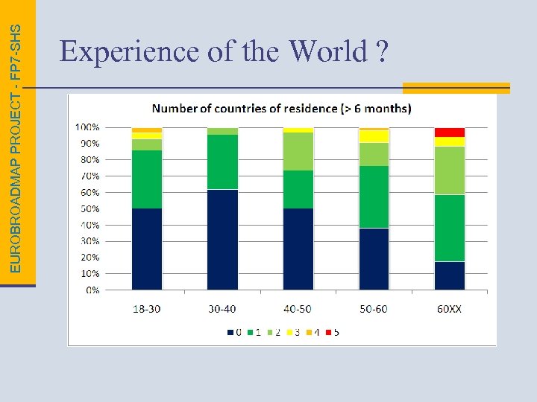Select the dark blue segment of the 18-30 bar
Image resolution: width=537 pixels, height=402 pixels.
coord(147,249)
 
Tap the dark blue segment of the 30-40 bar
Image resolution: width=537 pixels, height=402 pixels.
coord(222,240)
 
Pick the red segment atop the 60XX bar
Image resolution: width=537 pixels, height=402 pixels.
coord(450,133)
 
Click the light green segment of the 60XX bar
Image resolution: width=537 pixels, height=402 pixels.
coord(450,170)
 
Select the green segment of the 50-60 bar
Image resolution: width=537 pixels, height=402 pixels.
coord(374,197)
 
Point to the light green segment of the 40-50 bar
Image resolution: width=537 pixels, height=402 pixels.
coord(298,151)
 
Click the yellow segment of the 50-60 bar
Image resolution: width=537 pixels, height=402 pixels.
coord(374,136)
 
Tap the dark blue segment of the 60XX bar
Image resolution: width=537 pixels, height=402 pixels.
coord(450,275)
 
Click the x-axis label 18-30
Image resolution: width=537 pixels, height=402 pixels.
coord(146,308)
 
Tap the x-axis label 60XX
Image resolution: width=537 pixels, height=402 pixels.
coord(449,308)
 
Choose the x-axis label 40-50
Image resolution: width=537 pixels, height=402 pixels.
coord(298,308)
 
